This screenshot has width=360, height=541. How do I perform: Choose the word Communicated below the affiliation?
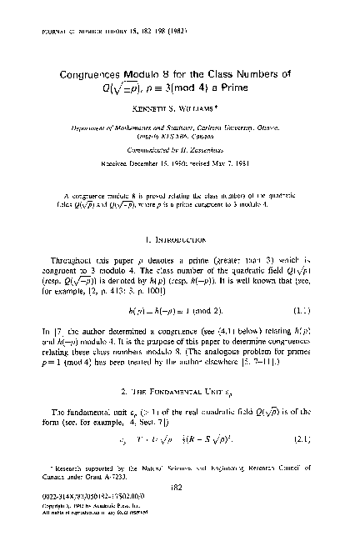[x=155, y=150]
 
